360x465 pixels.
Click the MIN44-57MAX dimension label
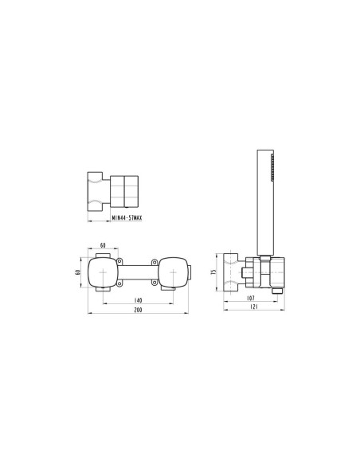click(x=127, y=218)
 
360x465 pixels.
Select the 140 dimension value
click(x=139, y=300)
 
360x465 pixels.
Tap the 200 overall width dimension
click(x=139, y=310)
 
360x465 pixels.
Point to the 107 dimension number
click(x=251, y=298)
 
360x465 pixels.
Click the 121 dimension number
click(x=254, y=307)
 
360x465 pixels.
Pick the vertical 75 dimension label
click(x=213, y=272)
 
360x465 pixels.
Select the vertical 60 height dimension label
click(x=78, y=272)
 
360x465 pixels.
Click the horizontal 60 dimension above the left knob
click(x=103, y=245)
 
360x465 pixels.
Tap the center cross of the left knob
click(x=103, y=272)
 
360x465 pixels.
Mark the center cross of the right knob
click(x=173, y=272)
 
